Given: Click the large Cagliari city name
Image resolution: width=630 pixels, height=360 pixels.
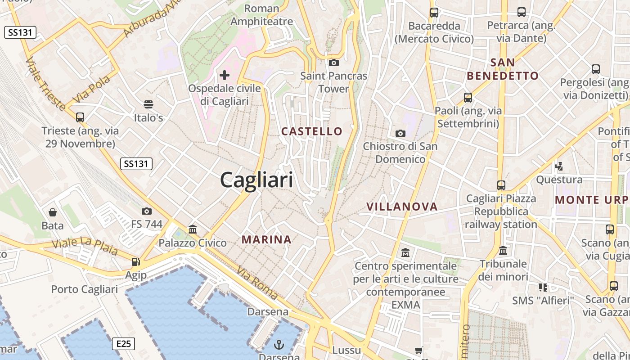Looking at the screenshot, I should click(256, 180).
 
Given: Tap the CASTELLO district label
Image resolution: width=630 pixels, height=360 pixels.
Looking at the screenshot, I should click(312, 131).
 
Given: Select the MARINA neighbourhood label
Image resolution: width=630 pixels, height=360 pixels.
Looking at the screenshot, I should click(267, 239).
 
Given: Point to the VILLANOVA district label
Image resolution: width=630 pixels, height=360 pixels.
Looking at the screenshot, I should click(402, 207).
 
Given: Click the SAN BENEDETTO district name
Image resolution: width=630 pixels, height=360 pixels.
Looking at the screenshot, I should click(503, 69).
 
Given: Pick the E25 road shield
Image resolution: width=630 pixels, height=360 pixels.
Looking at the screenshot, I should click(123, 344).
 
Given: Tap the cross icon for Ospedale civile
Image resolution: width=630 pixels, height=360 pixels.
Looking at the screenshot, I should click(225, 75).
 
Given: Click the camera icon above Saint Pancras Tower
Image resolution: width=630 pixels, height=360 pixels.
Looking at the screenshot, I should click(333, 63).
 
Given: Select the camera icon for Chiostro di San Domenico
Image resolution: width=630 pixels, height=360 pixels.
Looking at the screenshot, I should click(400, 133).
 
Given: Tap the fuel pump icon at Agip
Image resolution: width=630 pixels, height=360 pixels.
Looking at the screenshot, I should click(135, 262).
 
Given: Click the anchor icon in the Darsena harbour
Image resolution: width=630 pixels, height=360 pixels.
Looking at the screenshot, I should click(279, 345).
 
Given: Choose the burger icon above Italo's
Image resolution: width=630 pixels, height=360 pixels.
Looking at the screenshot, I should click(148, 104).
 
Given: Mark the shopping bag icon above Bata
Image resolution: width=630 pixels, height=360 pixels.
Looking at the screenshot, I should click(53, 212).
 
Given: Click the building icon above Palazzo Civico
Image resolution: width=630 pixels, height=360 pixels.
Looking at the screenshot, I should click(193, 229).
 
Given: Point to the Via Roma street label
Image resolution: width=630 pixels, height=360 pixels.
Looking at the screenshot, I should click(257, 283).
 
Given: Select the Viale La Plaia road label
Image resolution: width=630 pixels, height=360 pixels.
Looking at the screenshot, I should click(85, 247).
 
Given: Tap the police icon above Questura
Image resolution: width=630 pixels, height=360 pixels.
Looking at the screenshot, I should click(559, 166).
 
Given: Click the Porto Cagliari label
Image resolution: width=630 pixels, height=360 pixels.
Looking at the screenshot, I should click(85, 289).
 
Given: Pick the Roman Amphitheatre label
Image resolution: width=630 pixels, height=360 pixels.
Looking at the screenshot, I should click(261, 15).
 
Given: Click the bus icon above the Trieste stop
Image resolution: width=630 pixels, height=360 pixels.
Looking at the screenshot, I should click(80, 117).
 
